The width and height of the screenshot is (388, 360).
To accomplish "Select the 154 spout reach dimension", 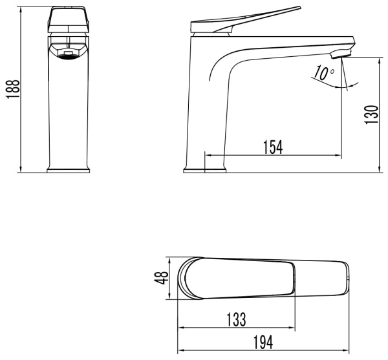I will click(272, 147).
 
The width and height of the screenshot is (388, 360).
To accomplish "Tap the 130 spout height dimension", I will click(370, 114).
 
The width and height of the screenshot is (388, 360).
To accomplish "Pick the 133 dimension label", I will click(236, 319).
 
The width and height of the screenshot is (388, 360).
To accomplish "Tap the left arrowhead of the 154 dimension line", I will click(208, 155).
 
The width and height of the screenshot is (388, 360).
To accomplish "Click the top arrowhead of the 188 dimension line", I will click(22, 8).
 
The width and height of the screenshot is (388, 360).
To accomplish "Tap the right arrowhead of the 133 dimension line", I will click(294, 328).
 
